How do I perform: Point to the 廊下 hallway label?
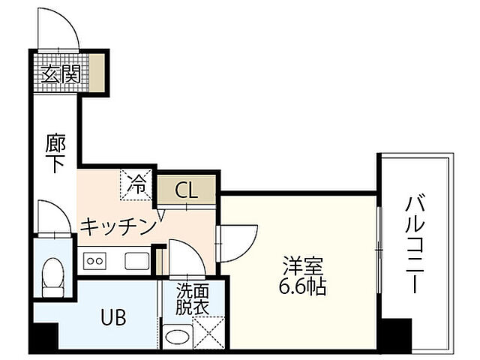point(53,154)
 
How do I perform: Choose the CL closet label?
point(187,190)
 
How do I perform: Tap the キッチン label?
point(118,225)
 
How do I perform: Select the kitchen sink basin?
point(137,262)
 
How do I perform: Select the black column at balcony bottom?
point(395,334)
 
